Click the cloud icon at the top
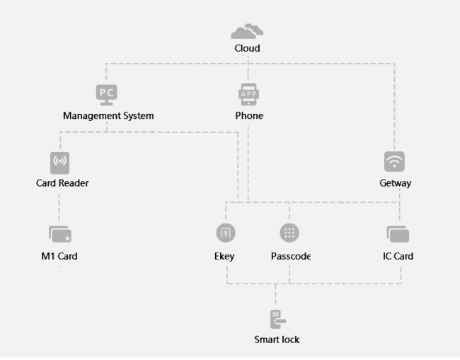coord(248,30)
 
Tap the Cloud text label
coord(248,48)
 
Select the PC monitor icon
coord(106,93)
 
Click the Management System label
coord(108,115)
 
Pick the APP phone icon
coord(248,93)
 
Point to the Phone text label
coord(249,115)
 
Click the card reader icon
coord(60,162)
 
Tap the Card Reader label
coord(62,183)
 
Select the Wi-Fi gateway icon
coord(395,161)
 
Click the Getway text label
coord(396,183)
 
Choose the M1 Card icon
coord(60,234)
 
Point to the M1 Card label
coord(59,256)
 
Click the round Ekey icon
coord(225,233)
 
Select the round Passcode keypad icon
coord(289,233)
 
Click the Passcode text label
coord(291,256)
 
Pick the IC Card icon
coord(398,234)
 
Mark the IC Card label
coord(398,256)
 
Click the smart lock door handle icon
coord(277,319)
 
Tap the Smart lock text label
coord(277,339)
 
